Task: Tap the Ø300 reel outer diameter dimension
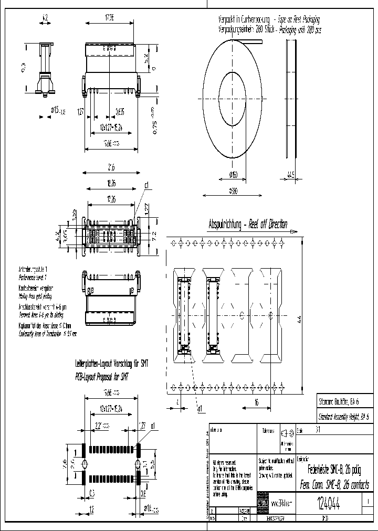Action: pyautogui.click(x=233, y=192)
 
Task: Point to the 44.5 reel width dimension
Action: pyautogui.click(x=290, y=174)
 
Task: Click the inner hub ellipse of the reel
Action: pyautogui.click(x=232, y=99)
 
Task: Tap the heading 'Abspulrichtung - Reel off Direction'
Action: pyautogui.click(x=248, y=224)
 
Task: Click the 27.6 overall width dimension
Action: pyautogui.click(x=111, y=168)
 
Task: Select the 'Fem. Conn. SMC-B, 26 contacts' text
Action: pyautogui.click(x=334, y=484)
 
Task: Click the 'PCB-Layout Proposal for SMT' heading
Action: pyautogui.click(x=101, y=376)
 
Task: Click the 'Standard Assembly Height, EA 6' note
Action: pyautogui.click(x=343, y=414)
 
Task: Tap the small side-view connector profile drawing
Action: pyautogui.click(x=44, y=71)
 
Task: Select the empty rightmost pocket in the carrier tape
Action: pyautogui.click(x=270, y=315)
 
